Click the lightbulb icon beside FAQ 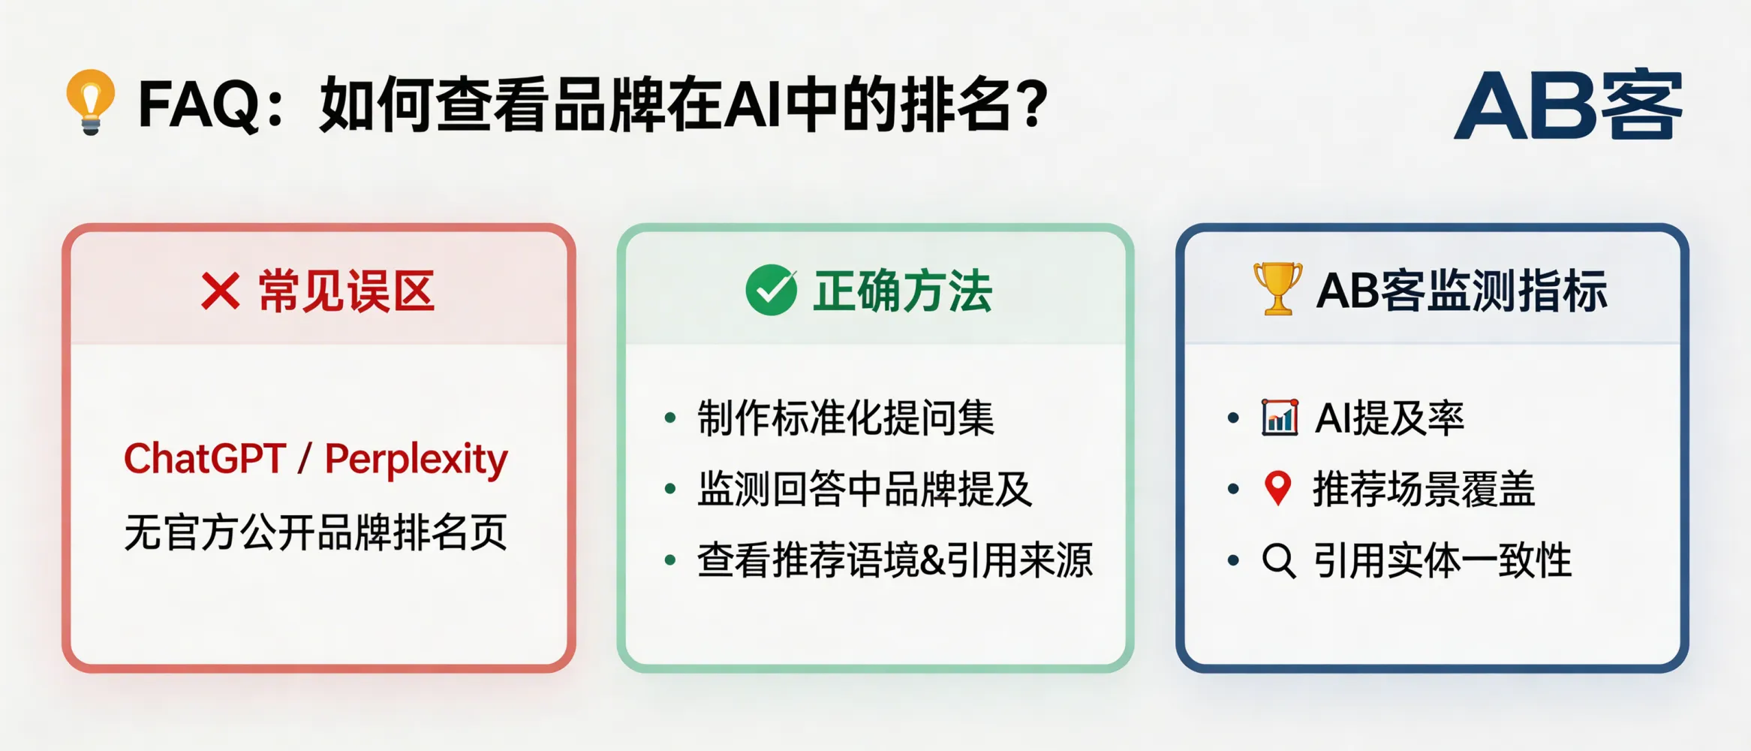91,102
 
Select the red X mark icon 220,291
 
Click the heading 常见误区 346,291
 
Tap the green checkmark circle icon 771,291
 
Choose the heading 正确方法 902,291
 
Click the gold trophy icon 1277,288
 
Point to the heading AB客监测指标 1461,291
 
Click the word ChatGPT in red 205,459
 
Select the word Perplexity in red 416,459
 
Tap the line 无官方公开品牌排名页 315,532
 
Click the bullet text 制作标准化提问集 846,418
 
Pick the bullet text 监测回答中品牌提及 865,490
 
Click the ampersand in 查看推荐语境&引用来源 932,561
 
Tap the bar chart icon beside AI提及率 1280,418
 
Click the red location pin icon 1277,488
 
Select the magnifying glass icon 1278,560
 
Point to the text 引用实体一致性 1442,561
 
